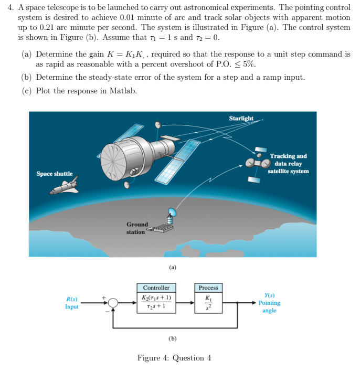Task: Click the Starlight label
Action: [241, 119]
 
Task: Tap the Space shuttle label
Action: [55, 174]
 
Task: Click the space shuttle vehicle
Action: [65, 186]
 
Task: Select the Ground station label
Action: [137, 228]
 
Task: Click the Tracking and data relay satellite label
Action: [288, 164]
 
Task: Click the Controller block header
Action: [156, 288]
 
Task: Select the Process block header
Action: [208, 288]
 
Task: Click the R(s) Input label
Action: [72, 303]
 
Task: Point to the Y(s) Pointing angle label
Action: [269, 303]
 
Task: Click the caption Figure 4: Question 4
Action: [174, 358]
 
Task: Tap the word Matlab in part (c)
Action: [123, 91]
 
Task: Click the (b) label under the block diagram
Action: [173, 338]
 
